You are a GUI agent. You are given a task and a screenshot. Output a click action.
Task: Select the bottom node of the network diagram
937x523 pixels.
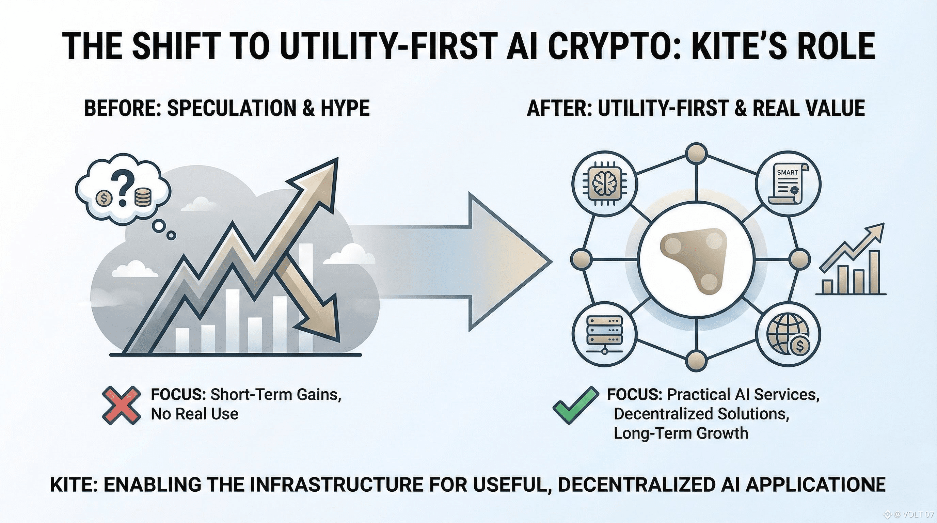click(x=696, y=360)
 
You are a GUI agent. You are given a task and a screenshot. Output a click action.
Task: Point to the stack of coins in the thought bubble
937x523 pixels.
click(x=142, y=197)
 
